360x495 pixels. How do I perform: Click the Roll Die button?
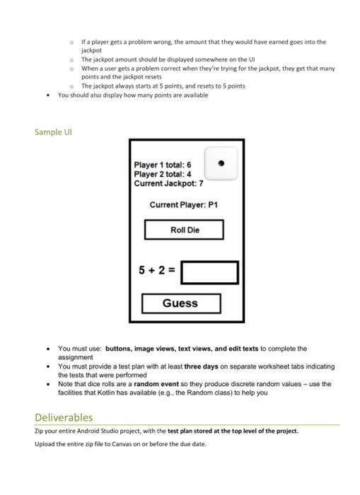coord(184,230)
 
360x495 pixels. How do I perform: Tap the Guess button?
coord(180,303)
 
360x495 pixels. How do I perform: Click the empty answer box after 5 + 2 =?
coord(209,272)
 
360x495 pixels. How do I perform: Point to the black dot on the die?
coord(221,163)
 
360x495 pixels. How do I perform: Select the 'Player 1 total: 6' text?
coord(162,165)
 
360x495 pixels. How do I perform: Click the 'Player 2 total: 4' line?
coord(162,174)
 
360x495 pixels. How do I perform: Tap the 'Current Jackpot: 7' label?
coord(168,183)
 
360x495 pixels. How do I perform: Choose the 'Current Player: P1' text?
coord(183,205)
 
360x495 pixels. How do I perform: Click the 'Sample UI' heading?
coord(53,132)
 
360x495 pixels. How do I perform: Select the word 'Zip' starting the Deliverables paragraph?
coord(40,430)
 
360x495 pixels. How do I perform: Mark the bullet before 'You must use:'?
coord(47,349)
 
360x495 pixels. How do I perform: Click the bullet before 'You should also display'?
coord(47,95)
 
